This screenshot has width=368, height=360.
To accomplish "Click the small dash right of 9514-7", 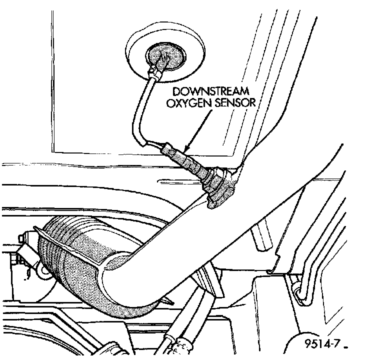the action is click(x=346, y=347).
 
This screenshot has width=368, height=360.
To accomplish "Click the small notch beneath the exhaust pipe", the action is click(x=270, y=271).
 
